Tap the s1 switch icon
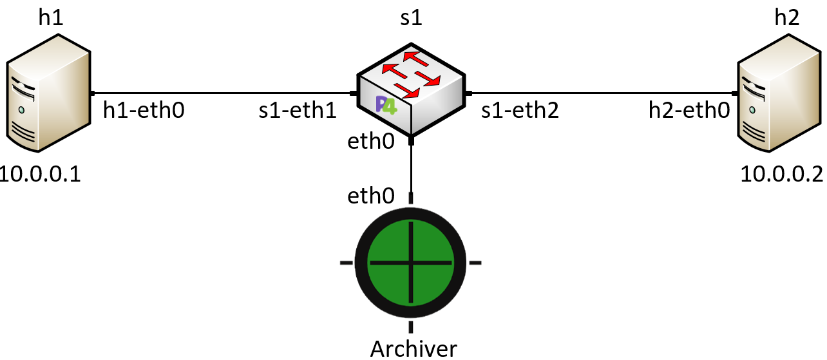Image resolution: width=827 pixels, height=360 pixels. [411, 90]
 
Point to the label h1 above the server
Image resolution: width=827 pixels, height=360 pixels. [51, 17]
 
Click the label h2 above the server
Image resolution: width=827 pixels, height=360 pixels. [787, 17]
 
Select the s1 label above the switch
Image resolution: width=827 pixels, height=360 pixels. [410, 17]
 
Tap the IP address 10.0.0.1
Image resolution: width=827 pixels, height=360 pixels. [41, 174]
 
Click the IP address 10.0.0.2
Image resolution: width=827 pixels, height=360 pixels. [781, 174]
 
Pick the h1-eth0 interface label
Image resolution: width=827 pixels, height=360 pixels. [144, 111]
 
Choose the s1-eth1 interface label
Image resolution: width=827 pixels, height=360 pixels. [298, 111]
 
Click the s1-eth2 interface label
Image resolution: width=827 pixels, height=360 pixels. [520, 111]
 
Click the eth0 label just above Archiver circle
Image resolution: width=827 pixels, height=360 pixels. [370, 195]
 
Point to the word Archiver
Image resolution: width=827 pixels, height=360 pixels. [413, 349]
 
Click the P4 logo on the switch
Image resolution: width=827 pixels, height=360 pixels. [388, 104]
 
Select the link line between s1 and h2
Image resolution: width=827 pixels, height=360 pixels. [602, 93]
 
